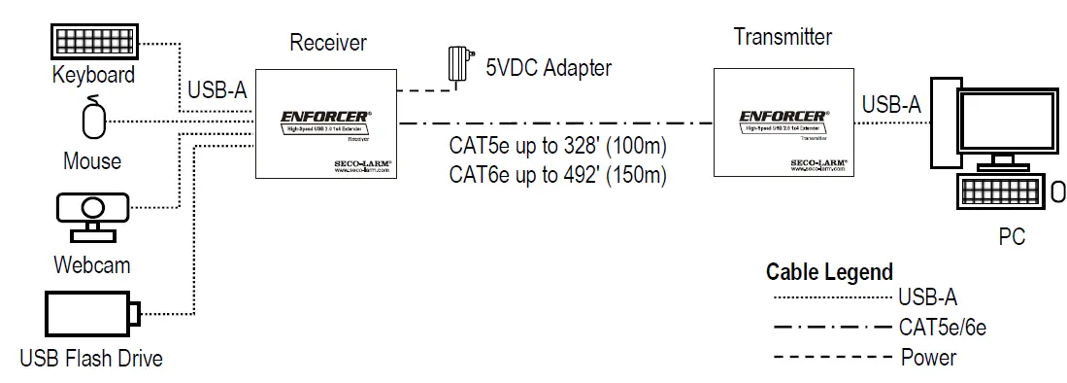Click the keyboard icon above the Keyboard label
click(93, 42)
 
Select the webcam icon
click(92, 216)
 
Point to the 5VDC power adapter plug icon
click(456, 66)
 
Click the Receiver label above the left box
click(328, 43)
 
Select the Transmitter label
click(783, 38)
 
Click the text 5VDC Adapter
click(550, 68)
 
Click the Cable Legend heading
click(829, 272)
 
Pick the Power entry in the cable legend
click(928, 357)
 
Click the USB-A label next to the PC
click(891, 104)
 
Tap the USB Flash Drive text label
click(91, 359)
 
